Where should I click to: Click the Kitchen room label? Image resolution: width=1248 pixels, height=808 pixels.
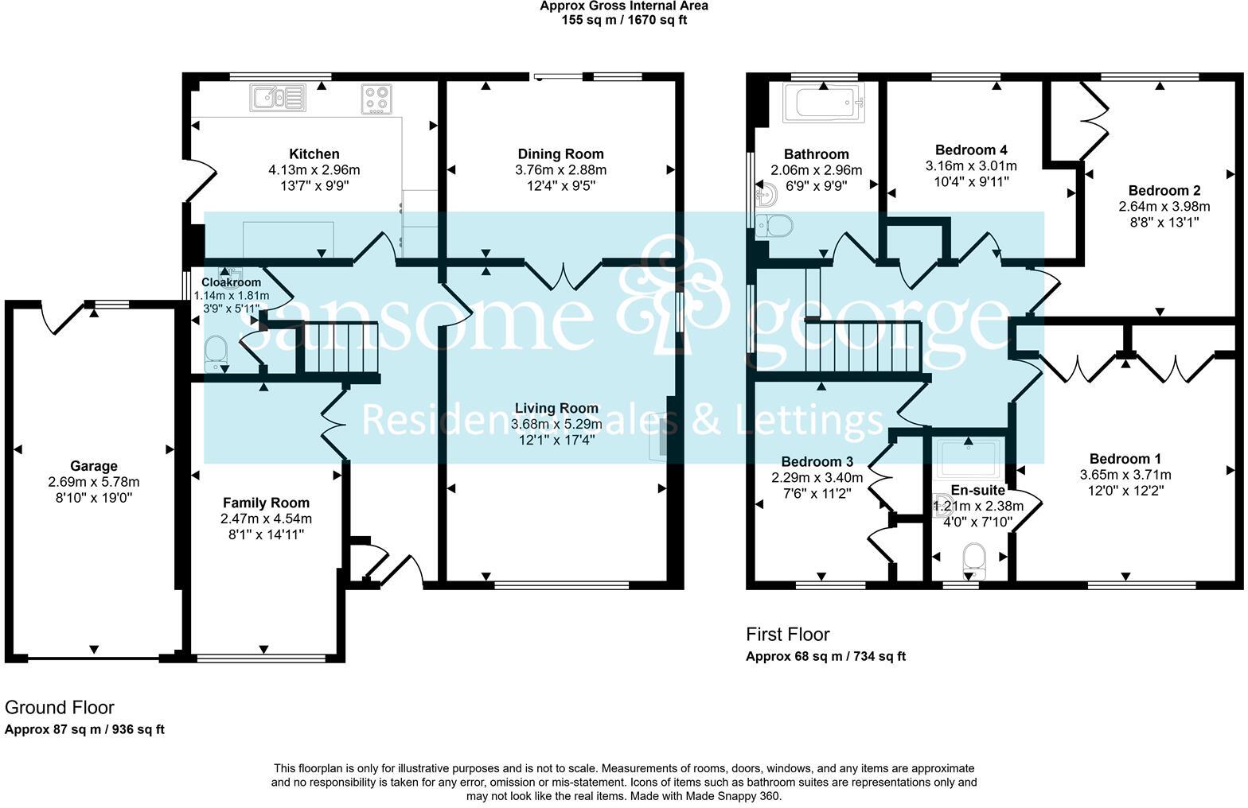[314, 153]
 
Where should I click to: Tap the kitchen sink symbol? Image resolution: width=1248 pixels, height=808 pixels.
[279, 99]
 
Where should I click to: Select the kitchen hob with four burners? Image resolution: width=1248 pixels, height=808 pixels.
[377, 99]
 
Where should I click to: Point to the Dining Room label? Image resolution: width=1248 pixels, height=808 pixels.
[560, 153]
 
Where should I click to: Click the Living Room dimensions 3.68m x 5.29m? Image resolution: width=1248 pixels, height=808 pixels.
[556, 424]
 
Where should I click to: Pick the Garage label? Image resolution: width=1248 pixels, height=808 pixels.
[94, 466]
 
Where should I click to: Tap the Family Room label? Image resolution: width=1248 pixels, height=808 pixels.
[266, 503]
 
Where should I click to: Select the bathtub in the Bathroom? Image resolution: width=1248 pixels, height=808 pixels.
[824, 103]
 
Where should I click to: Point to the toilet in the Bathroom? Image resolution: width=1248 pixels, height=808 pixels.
[774, 226]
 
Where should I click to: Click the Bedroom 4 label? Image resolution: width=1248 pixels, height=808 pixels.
[971, 150]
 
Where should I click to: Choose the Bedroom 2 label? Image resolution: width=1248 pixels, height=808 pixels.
[1164, 190]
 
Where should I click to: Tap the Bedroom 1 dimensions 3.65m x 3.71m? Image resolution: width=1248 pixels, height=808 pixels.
[1125, 475]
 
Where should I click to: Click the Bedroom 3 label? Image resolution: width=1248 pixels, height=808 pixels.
[817, 461]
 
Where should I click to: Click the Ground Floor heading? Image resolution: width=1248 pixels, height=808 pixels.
[60, 707]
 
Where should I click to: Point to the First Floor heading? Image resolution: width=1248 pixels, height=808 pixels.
[787, 634]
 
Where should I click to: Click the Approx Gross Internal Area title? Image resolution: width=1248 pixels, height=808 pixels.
[623, 6]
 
